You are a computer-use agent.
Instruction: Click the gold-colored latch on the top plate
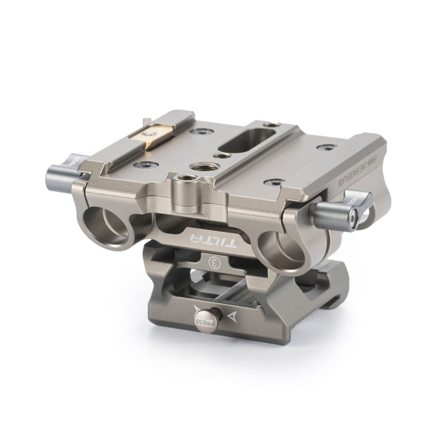click(152, 135)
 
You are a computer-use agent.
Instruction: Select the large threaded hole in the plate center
click(199, 166)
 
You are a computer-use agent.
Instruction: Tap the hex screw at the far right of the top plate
click(326, 147)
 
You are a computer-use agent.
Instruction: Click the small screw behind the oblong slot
click(269, 125)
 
